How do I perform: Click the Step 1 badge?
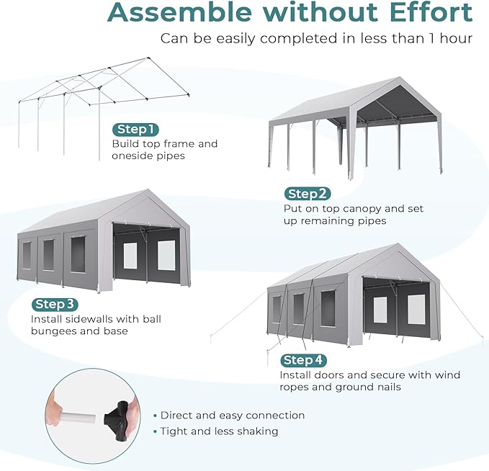coord(135,130)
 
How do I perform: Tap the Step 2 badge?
coord(308,194)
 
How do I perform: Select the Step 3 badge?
coord(55,305)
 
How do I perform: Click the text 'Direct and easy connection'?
coord(233,416)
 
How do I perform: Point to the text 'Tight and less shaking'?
coord(219,431)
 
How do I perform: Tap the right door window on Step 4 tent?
coord(416,309)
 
